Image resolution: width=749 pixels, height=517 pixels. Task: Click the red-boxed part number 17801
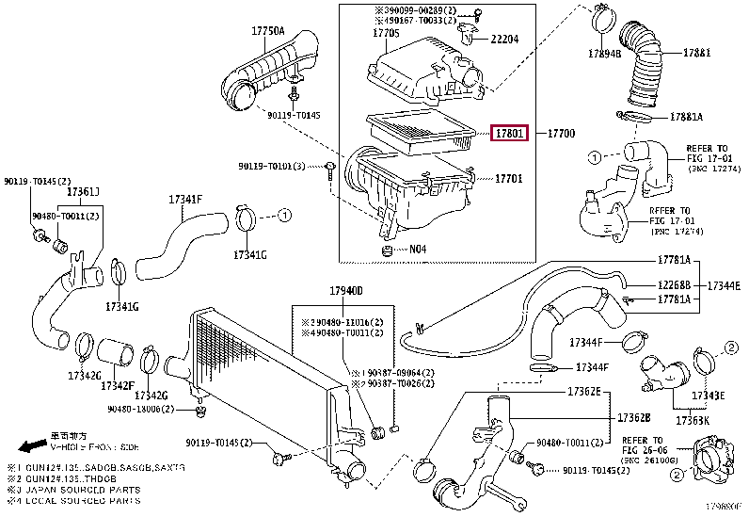pyautogui.click(x=509, y=134)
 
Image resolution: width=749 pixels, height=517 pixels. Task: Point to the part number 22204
pyautogui.click(x=504, y=39)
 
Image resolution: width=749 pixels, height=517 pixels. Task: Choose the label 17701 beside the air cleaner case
pyautogui.click(x=509, y=178)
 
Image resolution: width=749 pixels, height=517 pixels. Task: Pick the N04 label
pyautogui.click(x=417, y=250)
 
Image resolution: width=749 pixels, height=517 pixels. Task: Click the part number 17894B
pyautogui.click(x=605, y=53)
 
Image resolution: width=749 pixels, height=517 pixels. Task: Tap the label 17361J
pyautogui.click(x=83, y=191)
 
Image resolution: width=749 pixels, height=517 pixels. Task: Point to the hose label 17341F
pyautogui.click(x=185, y=200)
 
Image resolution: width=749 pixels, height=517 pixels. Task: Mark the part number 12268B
pyautogui.click(x=675, y=283)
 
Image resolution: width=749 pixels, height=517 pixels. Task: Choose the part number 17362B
pyautogui.click(x=633, y=417)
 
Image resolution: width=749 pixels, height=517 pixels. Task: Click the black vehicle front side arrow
pyautogui.click(x=33, y=443)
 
